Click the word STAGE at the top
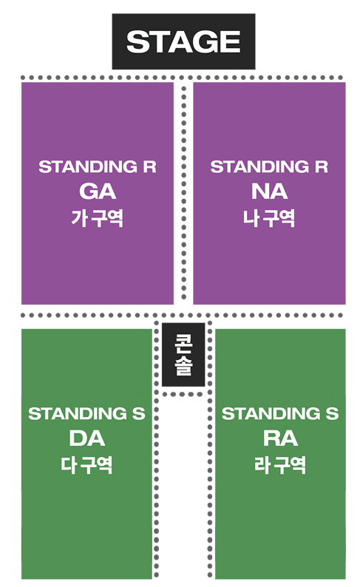tap(183, 41)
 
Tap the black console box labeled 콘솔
tap(183, 354)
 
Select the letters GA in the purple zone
tap(98, 191)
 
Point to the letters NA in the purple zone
tap(269, 191)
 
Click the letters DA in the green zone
tap(86, 438)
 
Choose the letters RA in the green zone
tap(280, 438)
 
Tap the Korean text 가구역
tap(98, 218)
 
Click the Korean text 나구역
tap(269, 218)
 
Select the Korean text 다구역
tap(86, 465)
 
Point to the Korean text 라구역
tap(280, 465)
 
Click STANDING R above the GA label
tap(98, 167)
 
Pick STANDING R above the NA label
tap(269, 167)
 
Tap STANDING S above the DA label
tap(86, 414)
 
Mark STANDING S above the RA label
tap(280, 414)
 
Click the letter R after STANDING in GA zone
tap(150, 167)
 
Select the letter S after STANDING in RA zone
tap(332, 414)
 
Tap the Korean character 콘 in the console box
tap(183, 343)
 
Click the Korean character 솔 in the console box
tap(183, 366)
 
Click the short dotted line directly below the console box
tap(183, 394)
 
